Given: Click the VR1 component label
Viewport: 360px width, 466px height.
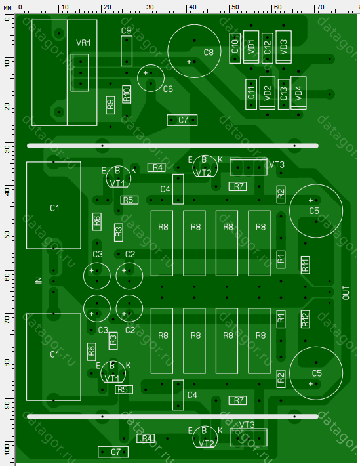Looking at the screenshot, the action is (83, 43).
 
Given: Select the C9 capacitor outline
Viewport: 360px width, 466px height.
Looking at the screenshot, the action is (127, 51).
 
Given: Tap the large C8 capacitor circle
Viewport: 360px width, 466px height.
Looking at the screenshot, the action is (167, 51).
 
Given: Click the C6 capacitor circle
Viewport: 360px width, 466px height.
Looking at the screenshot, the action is (137, 78).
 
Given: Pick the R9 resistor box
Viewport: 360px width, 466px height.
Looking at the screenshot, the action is (110, 105).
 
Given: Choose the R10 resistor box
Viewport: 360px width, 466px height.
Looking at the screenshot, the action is (127, 95).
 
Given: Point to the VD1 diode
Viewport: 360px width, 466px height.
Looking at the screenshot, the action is (251, 47).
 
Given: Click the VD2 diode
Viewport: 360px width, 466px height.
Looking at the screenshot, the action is (268, 93).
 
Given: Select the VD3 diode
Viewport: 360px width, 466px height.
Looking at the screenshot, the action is (283, 47).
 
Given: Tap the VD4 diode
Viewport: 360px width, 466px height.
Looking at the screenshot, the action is (298, 93).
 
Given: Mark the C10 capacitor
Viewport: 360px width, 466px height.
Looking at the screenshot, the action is (235, 48).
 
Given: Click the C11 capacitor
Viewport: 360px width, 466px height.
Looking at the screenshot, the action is (251, 95).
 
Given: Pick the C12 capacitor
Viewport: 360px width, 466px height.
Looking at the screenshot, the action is (268, 48).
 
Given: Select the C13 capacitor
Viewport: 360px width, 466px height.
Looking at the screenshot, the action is (283, 95).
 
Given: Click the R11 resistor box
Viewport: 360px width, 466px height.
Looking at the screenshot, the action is (305, 265).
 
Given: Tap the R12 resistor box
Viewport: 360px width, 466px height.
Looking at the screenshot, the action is (305, 319).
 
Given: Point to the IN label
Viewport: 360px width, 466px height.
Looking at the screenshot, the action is (39, 280).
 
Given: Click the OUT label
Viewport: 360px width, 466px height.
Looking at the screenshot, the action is (346, 293).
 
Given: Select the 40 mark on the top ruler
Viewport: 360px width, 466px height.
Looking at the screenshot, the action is (193, 7).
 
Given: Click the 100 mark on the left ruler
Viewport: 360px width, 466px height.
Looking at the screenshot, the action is (7, 448).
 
